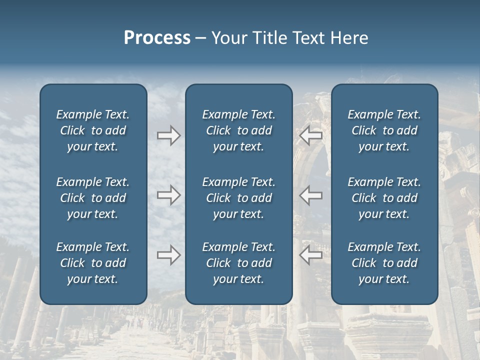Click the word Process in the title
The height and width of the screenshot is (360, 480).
click(157, 38)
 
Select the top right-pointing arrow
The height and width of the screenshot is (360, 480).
click(168, 135)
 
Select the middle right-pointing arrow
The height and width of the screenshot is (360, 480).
click(168, 195)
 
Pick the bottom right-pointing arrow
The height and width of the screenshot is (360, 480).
click(168, 255)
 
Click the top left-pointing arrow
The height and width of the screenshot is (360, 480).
click(311, 135)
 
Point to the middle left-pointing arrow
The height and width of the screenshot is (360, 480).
click(311, 195)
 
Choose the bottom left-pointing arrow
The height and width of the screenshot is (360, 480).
click(311, 255)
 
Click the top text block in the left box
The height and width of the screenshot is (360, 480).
click(93, 130)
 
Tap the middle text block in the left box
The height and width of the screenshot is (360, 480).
click(93, 198)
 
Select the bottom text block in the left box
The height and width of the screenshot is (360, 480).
click(93, 263)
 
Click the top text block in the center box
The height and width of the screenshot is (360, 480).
click(238, 130)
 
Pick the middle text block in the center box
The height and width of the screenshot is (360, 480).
click(238, 198)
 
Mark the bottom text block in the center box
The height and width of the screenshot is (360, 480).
click(238, 263)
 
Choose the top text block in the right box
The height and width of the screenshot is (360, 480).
click(384, 130)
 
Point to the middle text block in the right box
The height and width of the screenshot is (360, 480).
click(384, 198)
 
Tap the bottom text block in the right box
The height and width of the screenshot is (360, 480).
click(384, 263)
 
